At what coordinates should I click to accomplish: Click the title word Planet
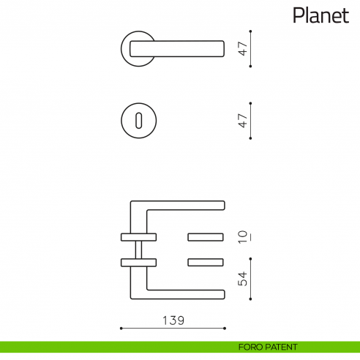[320, 15]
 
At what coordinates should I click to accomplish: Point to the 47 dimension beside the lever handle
[243, 48]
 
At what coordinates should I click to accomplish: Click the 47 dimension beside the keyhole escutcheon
[243, 121]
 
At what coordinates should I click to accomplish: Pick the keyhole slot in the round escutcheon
[137, 121]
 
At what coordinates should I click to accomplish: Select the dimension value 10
[243, 237]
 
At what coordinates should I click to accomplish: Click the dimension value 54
[243, 279]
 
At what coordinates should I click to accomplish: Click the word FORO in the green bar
[251, 347]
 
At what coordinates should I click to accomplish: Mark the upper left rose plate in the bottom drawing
[138, 236]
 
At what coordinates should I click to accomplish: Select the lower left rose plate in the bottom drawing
[138, 261]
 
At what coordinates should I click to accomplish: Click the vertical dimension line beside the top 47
[251, 48]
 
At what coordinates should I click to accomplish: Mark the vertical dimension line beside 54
[251, 279]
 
